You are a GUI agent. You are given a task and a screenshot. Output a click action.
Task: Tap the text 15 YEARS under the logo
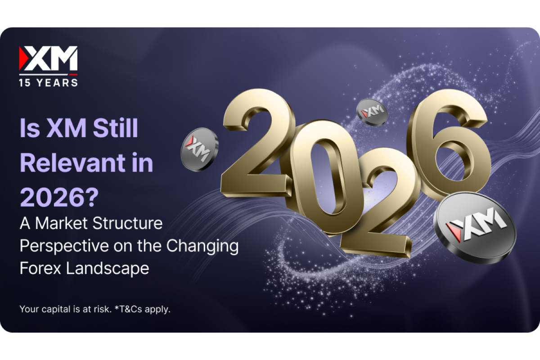pos(48,82)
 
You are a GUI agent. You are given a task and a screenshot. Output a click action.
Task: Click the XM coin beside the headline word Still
pos(199,149)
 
